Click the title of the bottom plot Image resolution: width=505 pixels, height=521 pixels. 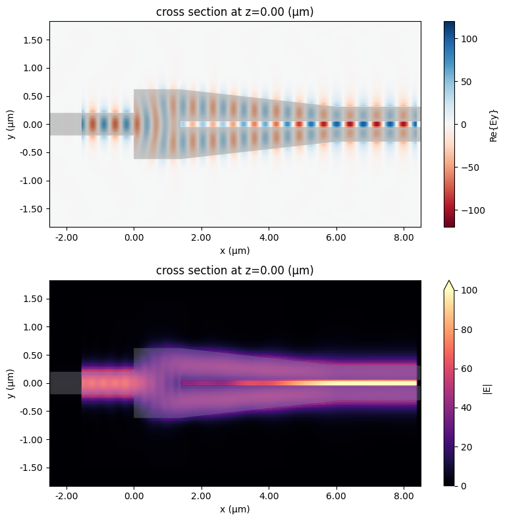tap(235, 270)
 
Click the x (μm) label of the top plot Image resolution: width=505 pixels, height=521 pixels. tap(235, 251)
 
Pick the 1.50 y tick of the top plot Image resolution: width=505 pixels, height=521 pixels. tap(34, 40)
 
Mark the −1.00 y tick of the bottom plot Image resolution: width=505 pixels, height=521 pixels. tap(32, 439)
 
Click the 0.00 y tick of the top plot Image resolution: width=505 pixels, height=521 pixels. tap(34, 124)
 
